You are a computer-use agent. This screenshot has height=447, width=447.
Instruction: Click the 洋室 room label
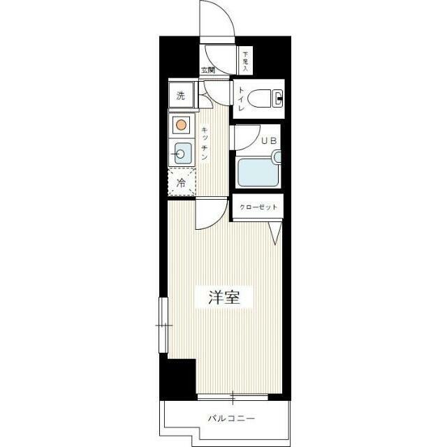click(224, 298)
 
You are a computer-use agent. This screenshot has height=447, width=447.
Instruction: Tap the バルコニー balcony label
click(231, 418)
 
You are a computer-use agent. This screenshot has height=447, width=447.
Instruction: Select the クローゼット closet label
click(258, 207)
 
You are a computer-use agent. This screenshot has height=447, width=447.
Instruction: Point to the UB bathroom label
click(269, 140)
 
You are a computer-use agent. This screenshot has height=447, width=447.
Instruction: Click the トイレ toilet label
click(241, 99)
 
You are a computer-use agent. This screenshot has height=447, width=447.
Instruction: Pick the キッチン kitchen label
click(205, 143)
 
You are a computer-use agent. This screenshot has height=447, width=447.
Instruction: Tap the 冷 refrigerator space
click(182, 182)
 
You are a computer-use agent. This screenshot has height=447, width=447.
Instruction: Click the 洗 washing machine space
click(182, 96)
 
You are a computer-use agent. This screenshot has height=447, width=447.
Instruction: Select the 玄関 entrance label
click(208, 70)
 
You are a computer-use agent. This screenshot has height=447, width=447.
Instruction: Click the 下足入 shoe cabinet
click(245, 61)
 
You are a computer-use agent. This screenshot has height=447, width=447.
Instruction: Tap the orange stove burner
click(181, 125)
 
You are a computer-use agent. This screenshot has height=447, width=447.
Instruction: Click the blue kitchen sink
click(182, 154)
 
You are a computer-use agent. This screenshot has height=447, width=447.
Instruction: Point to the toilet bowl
click(259, 98)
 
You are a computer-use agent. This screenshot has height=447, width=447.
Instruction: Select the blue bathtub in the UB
click(258, 173)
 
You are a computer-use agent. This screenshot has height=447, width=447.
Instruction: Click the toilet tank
click(277, 98)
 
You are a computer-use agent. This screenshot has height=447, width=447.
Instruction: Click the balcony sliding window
click(233, 397)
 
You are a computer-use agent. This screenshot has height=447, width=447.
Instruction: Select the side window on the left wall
click(163, 325)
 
